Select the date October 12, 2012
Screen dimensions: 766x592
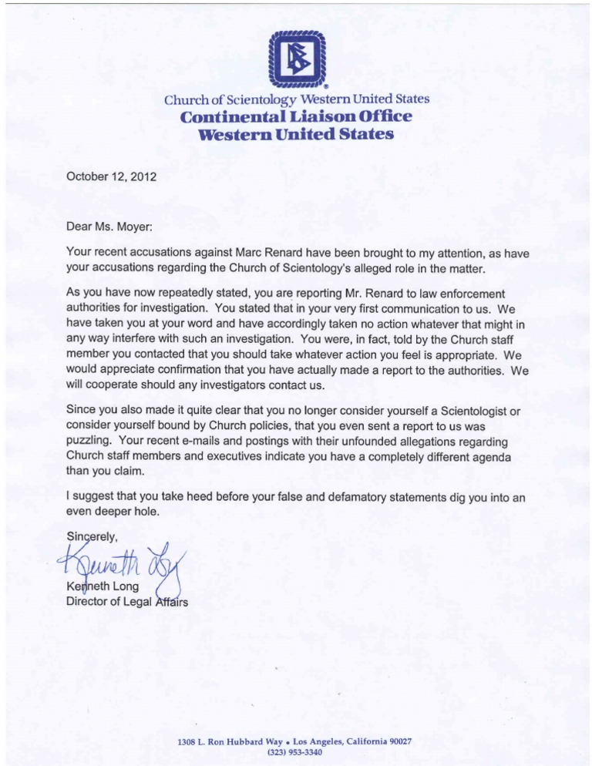click(x=112, y=176)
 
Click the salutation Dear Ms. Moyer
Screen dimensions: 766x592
click(x=117, y=227)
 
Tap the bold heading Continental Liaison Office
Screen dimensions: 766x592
click(x=296, y=117)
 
